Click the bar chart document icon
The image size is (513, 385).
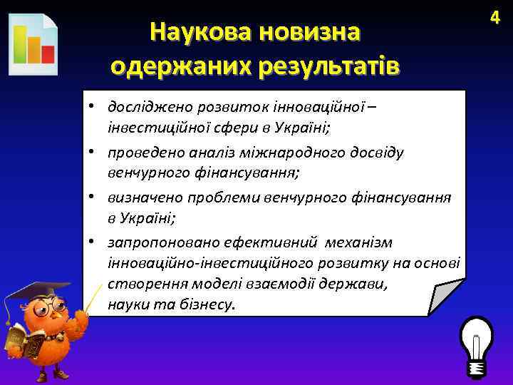click(x=33, y=44)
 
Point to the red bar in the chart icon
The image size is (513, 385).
click(x=48, y=53)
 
